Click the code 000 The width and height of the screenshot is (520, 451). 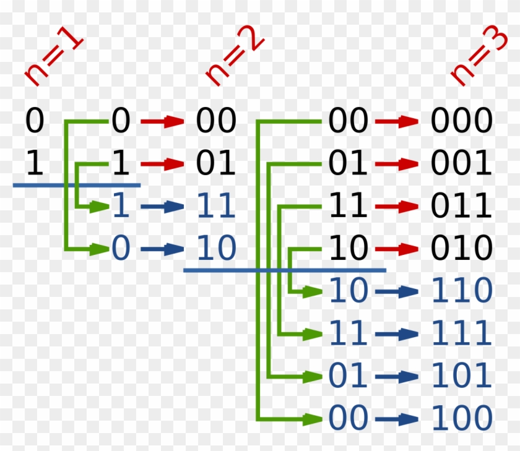coord(461,121)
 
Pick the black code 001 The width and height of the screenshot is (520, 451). coord(461,164)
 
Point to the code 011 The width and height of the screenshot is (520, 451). coord(461,206)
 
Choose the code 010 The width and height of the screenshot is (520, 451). coord(461,249)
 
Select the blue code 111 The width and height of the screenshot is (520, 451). coord(461,334)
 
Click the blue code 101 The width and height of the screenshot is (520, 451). coord(461,376)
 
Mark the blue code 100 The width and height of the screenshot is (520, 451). coord(461,419)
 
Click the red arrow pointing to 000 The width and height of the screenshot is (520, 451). coord(397,121)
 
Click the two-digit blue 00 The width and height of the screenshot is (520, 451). coord(348,419)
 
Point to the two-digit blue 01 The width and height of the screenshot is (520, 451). coord(348,376)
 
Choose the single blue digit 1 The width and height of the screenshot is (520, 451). coord(121,207)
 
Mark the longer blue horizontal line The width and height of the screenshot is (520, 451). coord(285,270)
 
